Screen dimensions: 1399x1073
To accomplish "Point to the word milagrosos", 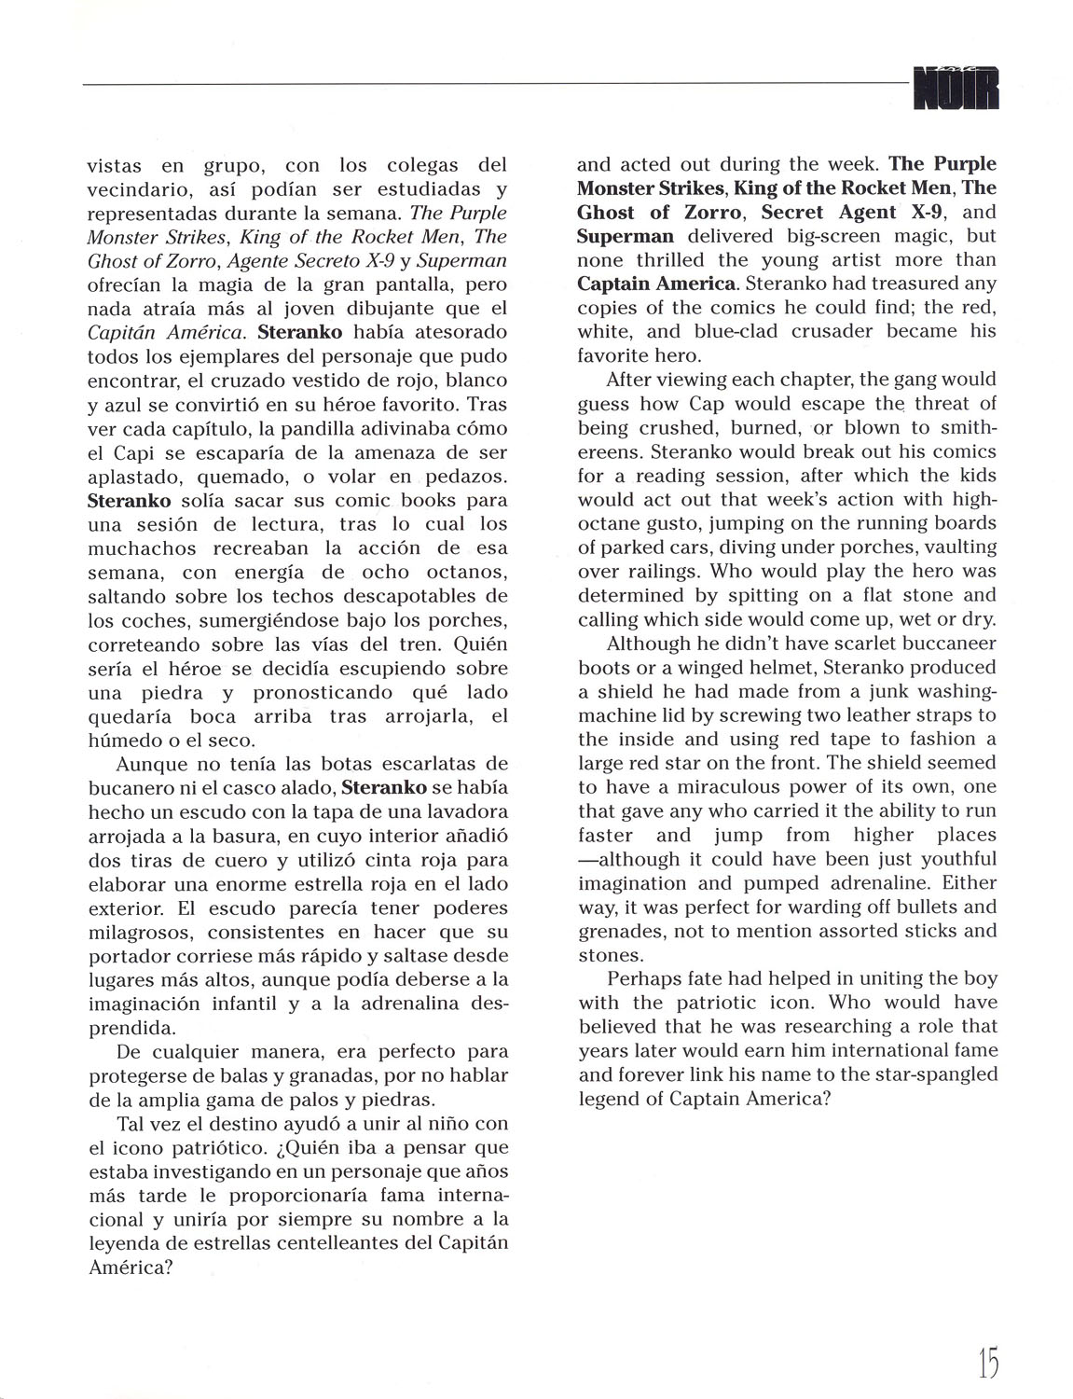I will [x=139, y=932].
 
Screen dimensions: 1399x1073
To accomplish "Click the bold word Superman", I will [x=625, y=236].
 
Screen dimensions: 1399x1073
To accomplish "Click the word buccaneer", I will [x=945, y=644].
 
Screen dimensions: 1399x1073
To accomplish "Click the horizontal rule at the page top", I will [x=494, y=83].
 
